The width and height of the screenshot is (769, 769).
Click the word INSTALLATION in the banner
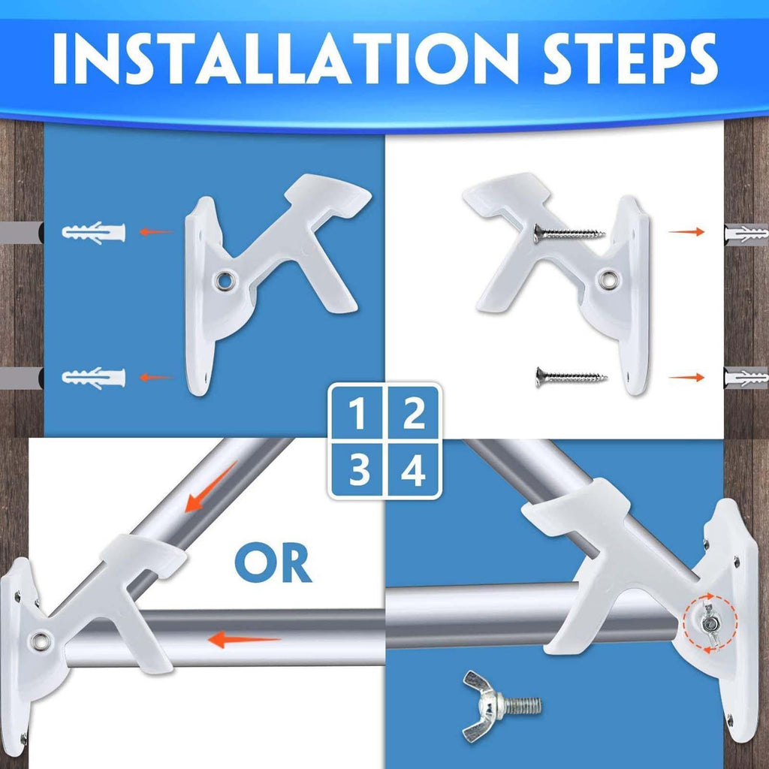point(285,59)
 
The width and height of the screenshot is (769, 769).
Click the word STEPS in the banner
point(630,59)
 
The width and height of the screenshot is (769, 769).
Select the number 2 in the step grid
point(414,414)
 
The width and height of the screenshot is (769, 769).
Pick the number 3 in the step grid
point(360,469)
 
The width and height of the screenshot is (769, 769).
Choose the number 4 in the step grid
point(413,469)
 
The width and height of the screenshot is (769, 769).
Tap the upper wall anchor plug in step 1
point(94,233)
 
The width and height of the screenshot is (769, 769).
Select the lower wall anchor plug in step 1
point(94,378)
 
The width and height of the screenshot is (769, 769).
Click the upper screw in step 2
point(569,234)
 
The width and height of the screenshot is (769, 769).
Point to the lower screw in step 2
point(571,377)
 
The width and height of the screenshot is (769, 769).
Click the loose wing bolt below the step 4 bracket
point(501,706)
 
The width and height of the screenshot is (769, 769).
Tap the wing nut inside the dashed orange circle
point(709,624)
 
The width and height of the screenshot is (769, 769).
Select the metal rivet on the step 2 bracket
point(608,279)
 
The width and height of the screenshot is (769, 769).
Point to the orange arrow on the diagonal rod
point(211,487)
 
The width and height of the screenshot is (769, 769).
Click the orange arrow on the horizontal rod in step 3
point(244,639)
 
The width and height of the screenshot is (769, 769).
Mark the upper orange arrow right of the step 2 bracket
point(686,231)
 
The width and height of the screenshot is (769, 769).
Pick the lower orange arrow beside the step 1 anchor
point(156,377)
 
